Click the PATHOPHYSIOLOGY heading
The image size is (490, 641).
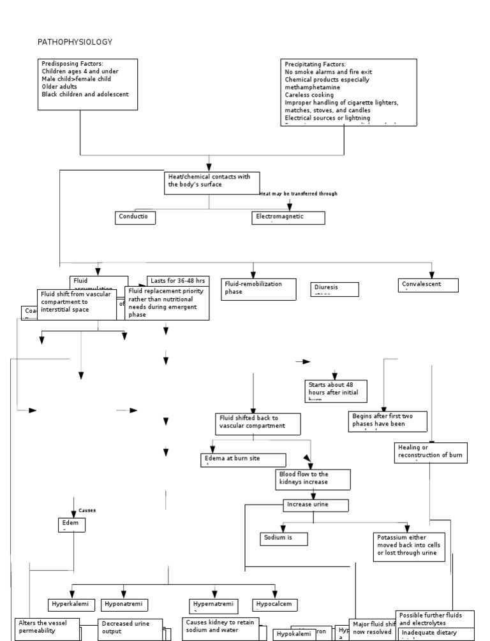75,42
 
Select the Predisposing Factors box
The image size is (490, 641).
87,84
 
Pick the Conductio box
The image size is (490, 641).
135,217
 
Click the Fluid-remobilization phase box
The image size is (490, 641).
259,289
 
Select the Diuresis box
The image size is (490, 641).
334,289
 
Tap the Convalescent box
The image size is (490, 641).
429,285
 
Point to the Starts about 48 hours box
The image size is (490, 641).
336,390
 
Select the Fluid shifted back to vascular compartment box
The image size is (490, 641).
257,424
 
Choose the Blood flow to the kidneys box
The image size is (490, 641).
313,480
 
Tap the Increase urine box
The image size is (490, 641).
316,505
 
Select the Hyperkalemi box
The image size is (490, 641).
72,605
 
